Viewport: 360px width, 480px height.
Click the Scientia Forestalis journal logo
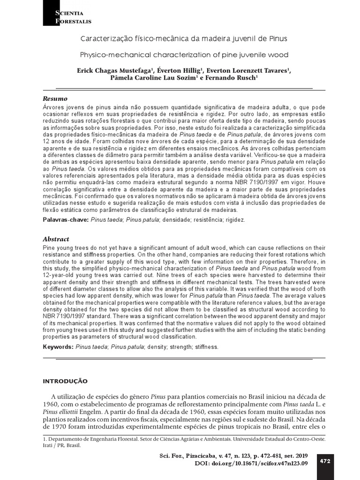click(67, 16)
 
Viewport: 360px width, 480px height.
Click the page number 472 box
click(325, 461)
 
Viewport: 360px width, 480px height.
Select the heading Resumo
click(55, 98)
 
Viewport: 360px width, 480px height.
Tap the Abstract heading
click(56, 239)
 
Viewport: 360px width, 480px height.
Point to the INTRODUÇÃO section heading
click(65, 381)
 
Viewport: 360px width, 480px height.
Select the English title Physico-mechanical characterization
click(184, 54)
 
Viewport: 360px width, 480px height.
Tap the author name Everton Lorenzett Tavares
click(248, 70)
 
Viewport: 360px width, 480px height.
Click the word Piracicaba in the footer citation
click(207, 456)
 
